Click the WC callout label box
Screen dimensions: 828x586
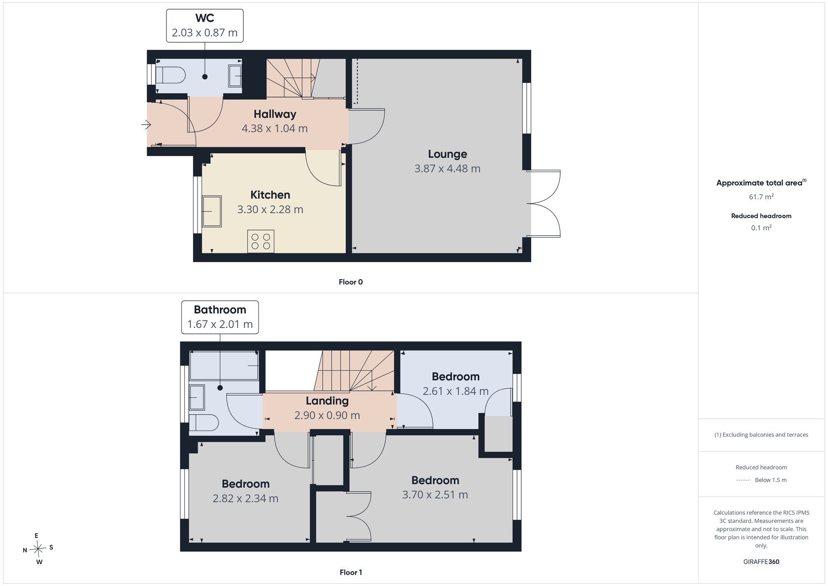pyautogui.click(x=205, y=26)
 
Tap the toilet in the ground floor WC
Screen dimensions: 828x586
pyautogui.click(x=171, y=75)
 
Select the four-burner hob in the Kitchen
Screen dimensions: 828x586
pyautogui.click(x=261, y=241)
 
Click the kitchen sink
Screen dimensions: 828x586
pyautogui.click(x=212, y=211)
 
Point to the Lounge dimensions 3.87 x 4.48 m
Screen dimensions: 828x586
pyautogui.click(x=448, y=169)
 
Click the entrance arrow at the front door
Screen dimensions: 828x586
pyautogui.click(x=146, y=124)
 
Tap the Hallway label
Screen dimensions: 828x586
pyautogui.click(x=275, y=114)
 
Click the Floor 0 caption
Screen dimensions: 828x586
pyautogui.click(x=351, y=282)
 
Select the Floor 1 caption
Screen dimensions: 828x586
pyautogui.click(x=351, y=572)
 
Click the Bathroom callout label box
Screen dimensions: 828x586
pyautogui.click(x=220, y=317)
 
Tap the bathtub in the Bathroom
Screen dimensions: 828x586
pyautogui.click(x=224, y=365)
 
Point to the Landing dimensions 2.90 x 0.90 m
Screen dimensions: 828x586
pyautogui.click(x=327, y=415)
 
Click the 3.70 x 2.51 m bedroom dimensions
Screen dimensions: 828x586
pyautogui.click(x=435, y=494)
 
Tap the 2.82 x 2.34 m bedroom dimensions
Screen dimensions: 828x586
pyautogui.click(x=246, y=498)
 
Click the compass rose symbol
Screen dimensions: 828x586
pyautogui.click(x=38, y=549)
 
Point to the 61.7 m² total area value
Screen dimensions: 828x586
pyautogui.click(x=761, y=197)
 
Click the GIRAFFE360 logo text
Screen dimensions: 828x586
pyautogui.click(x=761, y=562)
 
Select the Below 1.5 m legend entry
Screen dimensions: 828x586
pyautogui.click(x=761, y=480)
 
